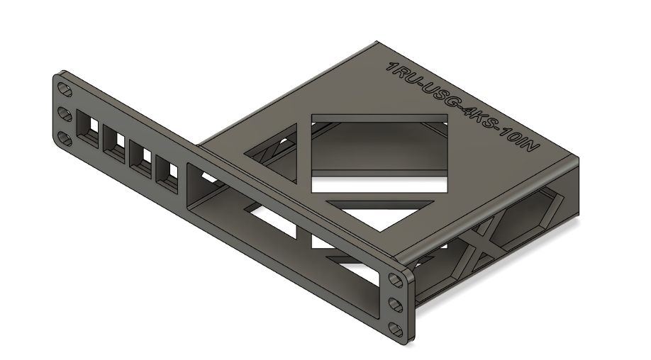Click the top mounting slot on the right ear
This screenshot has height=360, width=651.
(x=395, y=281)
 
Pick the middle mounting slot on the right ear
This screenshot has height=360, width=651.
(x=395, y=305)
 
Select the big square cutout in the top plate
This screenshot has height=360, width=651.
(x=379, y=152)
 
